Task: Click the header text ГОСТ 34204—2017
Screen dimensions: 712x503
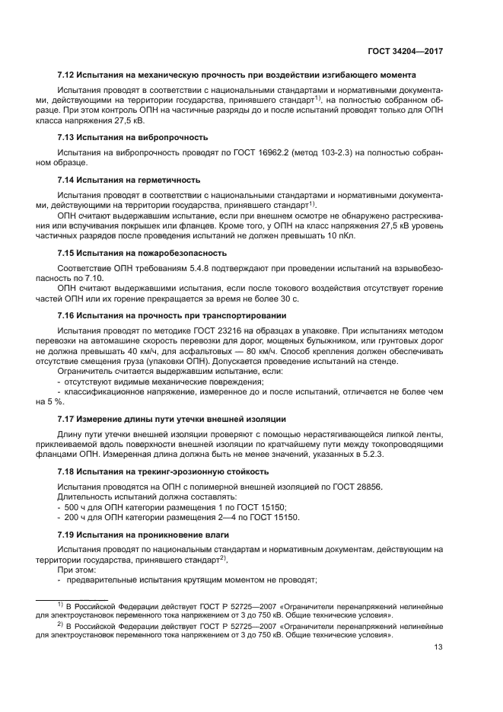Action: pos(408,51)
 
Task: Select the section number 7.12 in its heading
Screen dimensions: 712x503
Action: pos(67,75)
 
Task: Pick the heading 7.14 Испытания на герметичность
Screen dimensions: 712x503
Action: pos(129,180)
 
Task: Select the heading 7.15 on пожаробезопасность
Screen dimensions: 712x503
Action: pos(142,253)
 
